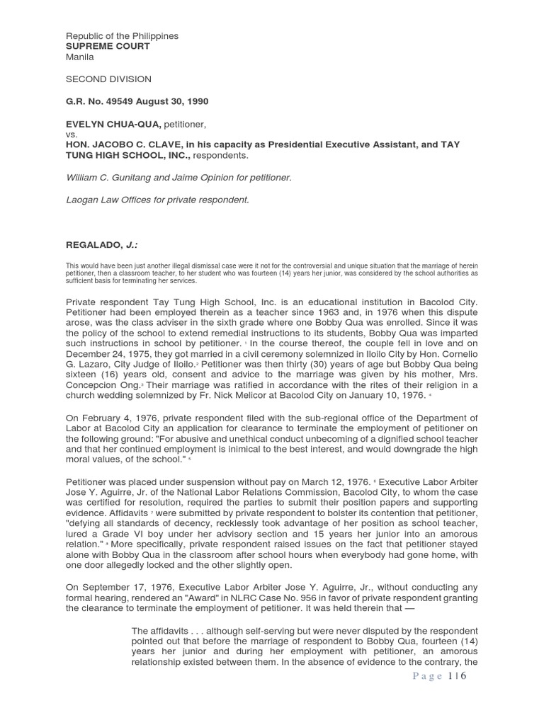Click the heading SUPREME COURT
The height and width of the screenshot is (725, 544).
point(108,47)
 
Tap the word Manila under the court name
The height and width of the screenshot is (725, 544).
point(79,57)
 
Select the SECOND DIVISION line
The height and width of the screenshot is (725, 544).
point(108,79)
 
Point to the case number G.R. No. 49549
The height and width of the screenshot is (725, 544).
point(100,101)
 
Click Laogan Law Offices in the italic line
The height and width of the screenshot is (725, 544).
point(103,200)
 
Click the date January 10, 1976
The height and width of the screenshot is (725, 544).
point(381,395)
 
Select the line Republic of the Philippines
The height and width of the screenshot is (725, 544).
point(122,36)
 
